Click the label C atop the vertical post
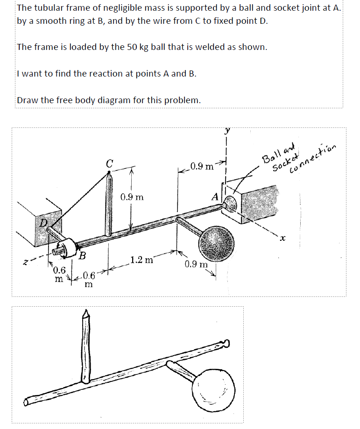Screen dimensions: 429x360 click(x=109, y=164)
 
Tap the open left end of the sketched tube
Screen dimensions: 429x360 click(x=28, y=401)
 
